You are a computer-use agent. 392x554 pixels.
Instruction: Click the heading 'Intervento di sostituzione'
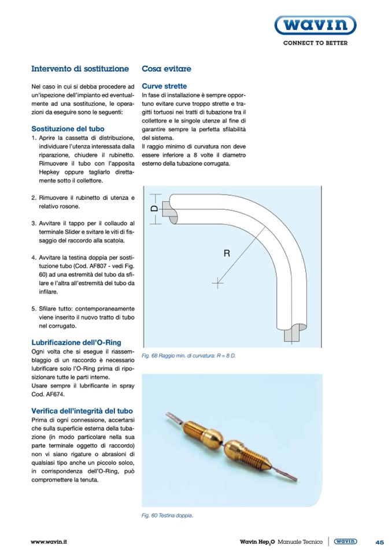[x=80, y=69]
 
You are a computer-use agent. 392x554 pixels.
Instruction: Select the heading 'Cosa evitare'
[x=167, y=69]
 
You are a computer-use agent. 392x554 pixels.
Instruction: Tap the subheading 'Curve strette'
[x=164, y=86]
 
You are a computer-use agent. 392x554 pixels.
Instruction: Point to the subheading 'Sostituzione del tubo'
[x=68, y=128]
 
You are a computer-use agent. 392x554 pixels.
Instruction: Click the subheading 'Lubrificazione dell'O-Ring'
[x=76, y=342]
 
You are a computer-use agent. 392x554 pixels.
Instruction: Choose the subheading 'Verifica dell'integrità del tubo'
[x=82, y=410]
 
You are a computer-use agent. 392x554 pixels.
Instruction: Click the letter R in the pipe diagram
[x=227, y=252]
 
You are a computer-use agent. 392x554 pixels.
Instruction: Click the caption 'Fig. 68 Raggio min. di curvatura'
[x=188, y=356]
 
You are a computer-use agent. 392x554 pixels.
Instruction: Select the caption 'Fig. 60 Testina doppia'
[x=167, y=515]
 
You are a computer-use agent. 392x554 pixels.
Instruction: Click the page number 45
[x=379, y=541]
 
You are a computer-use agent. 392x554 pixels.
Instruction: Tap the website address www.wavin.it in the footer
[x=49, y=541]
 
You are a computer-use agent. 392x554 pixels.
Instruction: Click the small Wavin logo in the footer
[x=346, y=541]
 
